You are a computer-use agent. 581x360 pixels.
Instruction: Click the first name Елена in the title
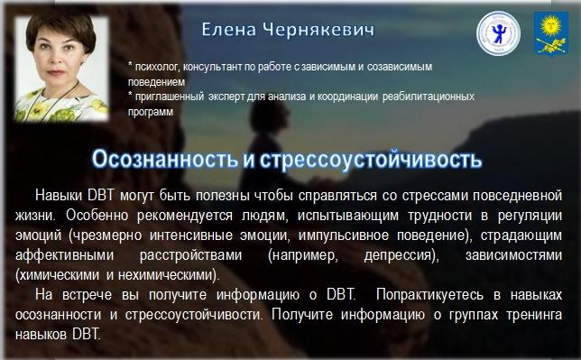[x=228, y=30]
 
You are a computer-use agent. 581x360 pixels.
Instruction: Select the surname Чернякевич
[x=318, y=30]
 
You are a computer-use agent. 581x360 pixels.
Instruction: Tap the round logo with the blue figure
[x=498, y=33]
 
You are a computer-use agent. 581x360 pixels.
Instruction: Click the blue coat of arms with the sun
[x=551, y=33]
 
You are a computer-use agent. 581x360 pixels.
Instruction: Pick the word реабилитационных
[x=429, y=97]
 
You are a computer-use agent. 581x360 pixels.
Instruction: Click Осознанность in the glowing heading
[x=164, y=159]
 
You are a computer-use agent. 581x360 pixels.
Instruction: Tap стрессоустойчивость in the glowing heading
[x=371, y=160]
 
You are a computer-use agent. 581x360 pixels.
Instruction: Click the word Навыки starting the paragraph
[x=59, y=196]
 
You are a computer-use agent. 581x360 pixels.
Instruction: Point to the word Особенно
[x=97, y=216]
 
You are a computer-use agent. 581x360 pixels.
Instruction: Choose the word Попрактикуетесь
[x=429, y=295]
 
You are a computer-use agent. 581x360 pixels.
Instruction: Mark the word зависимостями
[x=513, y=255]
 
